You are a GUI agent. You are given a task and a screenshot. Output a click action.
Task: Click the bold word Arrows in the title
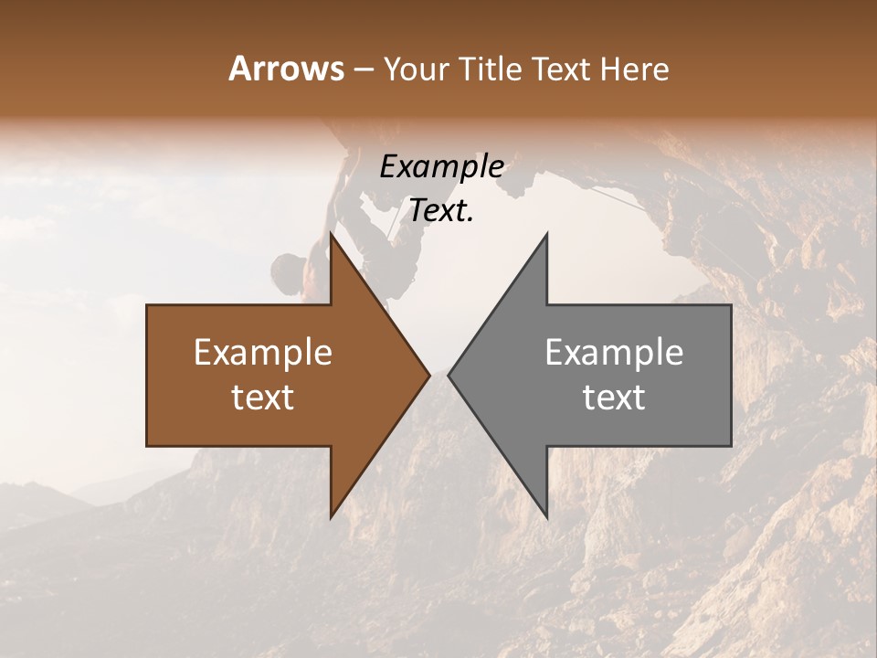coord(287,69)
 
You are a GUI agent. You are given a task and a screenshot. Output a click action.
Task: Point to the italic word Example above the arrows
coord(442,166)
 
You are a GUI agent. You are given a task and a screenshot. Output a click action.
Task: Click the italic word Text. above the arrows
coord(442,211)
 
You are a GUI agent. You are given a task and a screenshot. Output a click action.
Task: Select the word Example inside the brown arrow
coord(263,352)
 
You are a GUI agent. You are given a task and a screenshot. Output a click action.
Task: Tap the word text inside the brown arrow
coord(263,397)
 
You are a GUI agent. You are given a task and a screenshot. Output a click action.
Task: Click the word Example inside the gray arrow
coord(614,352)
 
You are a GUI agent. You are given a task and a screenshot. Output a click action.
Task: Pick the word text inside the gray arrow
coord(614,397)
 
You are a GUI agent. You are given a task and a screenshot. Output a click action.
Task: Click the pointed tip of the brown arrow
coord(429,375)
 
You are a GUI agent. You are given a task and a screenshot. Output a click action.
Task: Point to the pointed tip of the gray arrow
coord(449,375)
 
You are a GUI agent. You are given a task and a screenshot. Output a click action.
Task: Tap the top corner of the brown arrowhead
coord(331,234)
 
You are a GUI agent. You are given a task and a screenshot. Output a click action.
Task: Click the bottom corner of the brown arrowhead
coord(331,517)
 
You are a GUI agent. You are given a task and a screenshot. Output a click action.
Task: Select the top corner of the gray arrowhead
coord(546,234)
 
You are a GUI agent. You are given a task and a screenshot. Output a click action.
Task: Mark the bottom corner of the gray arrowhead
coord(546,517)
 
